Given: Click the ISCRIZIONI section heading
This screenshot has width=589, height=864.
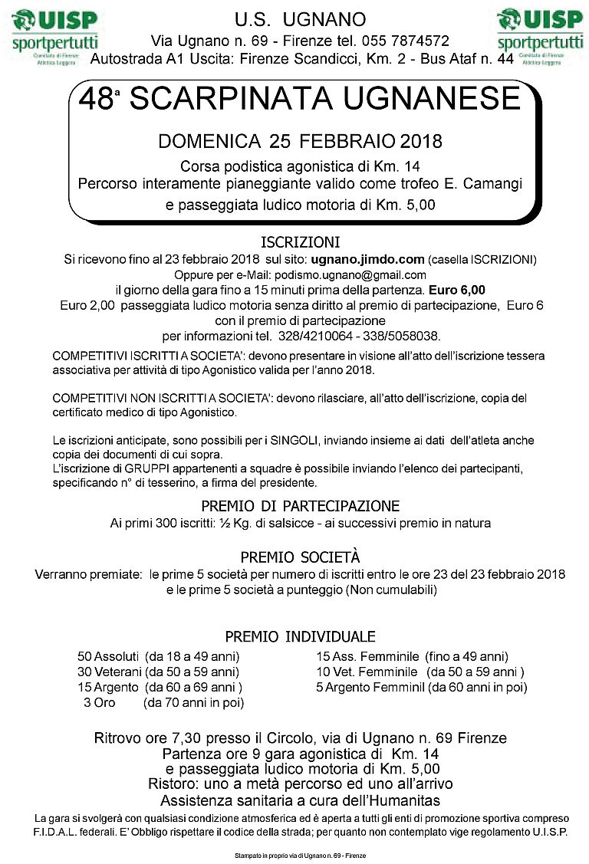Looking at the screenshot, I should pyautogui.click(x=294, y=243).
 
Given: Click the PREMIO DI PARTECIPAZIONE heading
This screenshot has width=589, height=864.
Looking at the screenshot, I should pyautogui.click(x=300, y=506).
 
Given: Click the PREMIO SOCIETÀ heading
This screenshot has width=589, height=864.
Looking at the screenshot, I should pyautogui.click(x=300, y=557).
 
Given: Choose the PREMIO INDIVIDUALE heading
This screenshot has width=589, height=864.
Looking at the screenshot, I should pyautogui.click(x=300, y=637).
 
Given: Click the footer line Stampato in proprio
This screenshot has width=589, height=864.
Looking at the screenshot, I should pyautogui.click(x=294, y=855).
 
